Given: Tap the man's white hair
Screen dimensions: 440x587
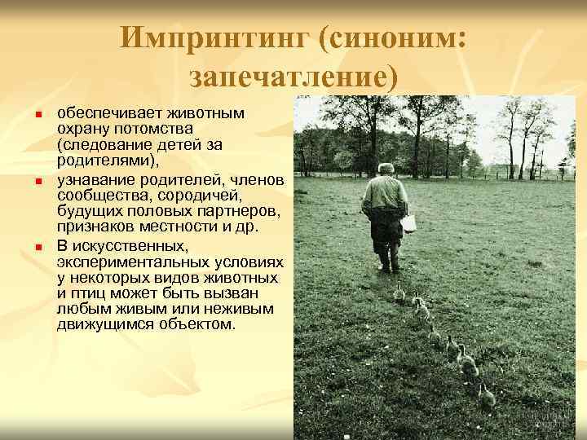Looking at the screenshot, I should click(386, 169).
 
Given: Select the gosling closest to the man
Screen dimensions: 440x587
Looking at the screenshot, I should click(399, 292).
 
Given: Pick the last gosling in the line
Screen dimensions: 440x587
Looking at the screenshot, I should click(487, 397).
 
